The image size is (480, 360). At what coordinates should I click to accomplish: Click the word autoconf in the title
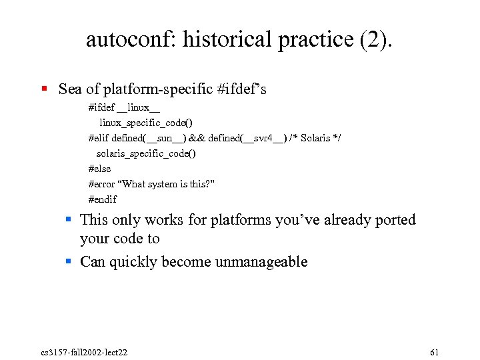[131, 39]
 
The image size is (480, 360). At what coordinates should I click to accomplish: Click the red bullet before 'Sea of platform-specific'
[43, 89]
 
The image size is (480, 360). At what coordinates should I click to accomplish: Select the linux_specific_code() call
[146, 123]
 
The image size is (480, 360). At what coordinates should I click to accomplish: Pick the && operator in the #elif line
[197, 138]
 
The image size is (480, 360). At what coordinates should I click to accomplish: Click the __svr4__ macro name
[263, 138]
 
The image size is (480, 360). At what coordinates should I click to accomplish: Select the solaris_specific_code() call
[146, 153]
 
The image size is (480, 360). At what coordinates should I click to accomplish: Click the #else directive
[99, 169]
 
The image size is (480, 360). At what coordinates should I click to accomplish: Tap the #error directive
[102, 184]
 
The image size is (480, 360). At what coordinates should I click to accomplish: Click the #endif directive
[102, 199]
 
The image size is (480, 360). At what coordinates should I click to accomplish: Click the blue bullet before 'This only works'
[68, 219]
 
